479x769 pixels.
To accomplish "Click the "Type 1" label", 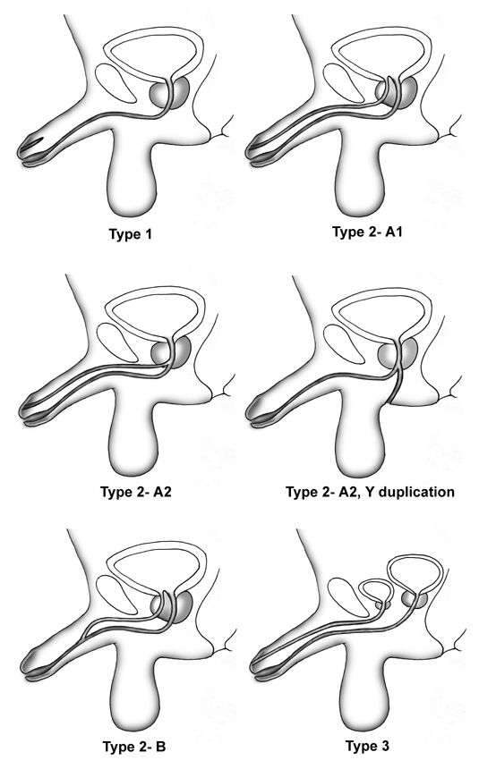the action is click(130, 234).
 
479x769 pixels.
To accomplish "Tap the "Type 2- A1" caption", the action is click(367, 232).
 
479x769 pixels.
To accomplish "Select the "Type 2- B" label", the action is click(134, 747).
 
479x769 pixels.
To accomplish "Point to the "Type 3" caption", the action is click(367, 746).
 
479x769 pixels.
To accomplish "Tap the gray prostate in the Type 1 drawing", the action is click(169, 92).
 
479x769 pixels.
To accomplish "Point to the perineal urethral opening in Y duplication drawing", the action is click(390, 401).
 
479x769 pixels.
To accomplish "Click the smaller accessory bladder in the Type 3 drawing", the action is click(377, 590).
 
